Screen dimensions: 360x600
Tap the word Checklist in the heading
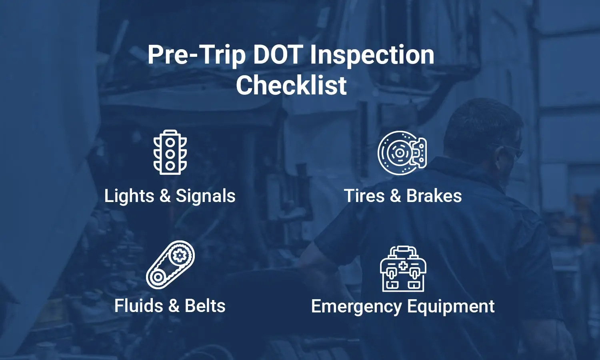pos(291,85)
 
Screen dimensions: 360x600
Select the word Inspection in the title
pos(372,56)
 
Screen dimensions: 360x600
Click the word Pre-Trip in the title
pos(196,56)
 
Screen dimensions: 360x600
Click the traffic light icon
pos(170,152)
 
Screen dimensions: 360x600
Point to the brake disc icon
pos(402,153)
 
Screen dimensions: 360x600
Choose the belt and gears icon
pos(170,264)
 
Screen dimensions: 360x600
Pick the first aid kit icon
pos(403,269)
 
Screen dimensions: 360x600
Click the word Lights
pos(129,196)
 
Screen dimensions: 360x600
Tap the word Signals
pos(206,196)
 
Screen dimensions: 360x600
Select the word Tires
pos(364,196)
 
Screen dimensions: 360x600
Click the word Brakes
pos(434,196)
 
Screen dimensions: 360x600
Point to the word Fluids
pos(139,306)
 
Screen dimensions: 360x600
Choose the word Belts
pos(205,306)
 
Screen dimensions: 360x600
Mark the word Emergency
pos(356,307)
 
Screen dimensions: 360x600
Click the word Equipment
pos(451,307)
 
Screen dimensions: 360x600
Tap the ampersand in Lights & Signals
pos(165,196)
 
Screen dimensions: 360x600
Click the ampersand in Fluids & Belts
pos(174,306)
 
